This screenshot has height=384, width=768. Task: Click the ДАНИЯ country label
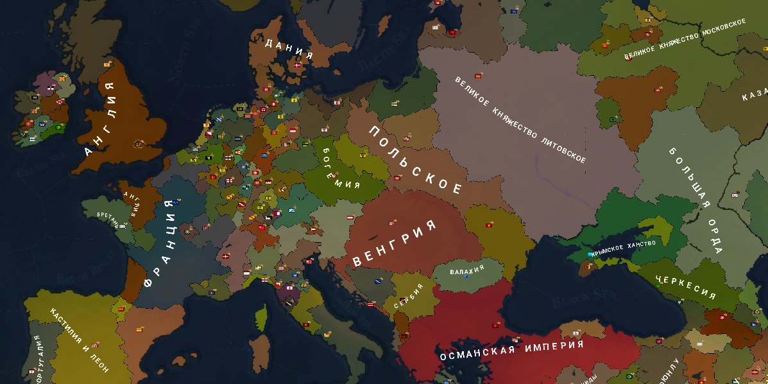(289, 49)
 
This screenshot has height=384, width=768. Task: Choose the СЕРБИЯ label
(409, 296)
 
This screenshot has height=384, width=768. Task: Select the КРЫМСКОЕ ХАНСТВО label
(624, 248)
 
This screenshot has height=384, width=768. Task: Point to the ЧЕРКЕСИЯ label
(685, 286)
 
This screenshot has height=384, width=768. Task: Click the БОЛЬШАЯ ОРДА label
(695, 199)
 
